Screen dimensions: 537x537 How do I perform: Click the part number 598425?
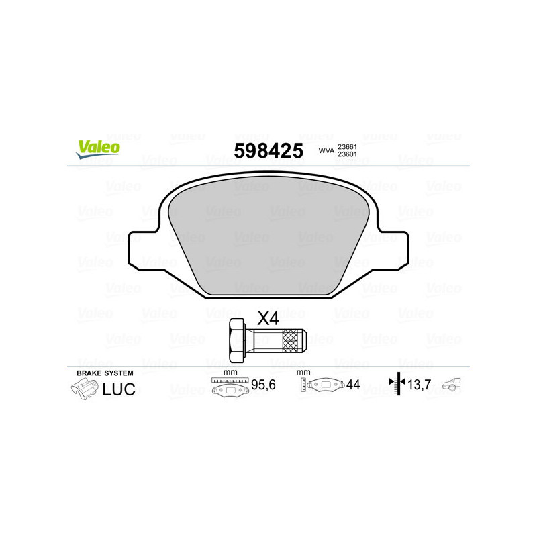[267, 151]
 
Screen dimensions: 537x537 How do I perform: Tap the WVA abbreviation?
[326, 151]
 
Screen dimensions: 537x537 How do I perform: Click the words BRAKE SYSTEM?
[105, 373]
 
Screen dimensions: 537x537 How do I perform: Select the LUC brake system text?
[119, 388]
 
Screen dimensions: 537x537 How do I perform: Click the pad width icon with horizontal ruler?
[229, 387]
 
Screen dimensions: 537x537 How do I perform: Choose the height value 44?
[353, 385]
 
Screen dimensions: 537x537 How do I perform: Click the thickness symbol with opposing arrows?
[398, 385]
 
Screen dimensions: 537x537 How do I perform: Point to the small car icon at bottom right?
[456, 385]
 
